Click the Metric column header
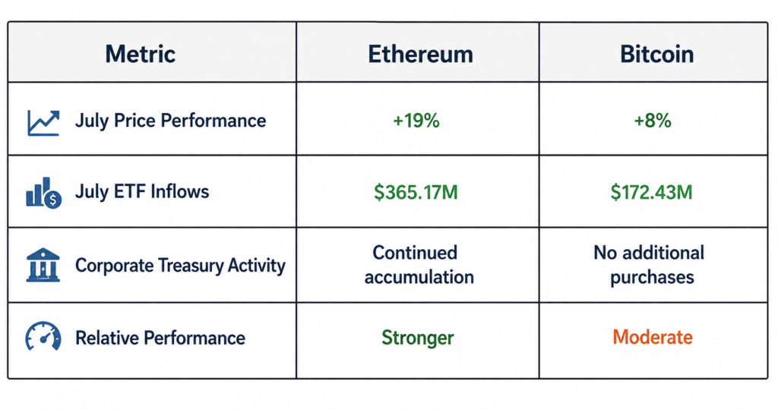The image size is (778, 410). (141, 54)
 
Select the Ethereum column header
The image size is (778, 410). (420, 54)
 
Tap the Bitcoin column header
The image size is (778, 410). (656, 54)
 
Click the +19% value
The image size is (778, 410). (416, 121)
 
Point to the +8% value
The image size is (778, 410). (653, 121)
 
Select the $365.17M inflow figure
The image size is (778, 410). (416, 192)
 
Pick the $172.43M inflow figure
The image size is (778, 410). (651, 192)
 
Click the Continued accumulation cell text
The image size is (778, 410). (419, 265)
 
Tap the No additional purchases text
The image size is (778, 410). (650, 265)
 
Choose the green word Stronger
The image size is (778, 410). (417, 338)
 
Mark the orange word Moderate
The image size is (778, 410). (653, 337)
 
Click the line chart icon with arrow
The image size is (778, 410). (43, 122)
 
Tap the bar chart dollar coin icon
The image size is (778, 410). (43, 192)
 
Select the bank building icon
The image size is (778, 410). (43, 265)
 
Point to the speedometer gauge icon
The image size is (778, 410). (43, 336)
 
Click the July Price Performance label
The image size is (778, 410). (170, 121)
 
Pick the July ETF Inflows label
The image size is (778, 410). (142, 191)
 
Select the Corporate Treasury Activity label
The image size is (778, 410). (180, 265)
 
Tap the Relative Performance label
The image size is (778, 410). (160, 338)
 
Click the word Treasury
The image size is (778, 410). (191, 266)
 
